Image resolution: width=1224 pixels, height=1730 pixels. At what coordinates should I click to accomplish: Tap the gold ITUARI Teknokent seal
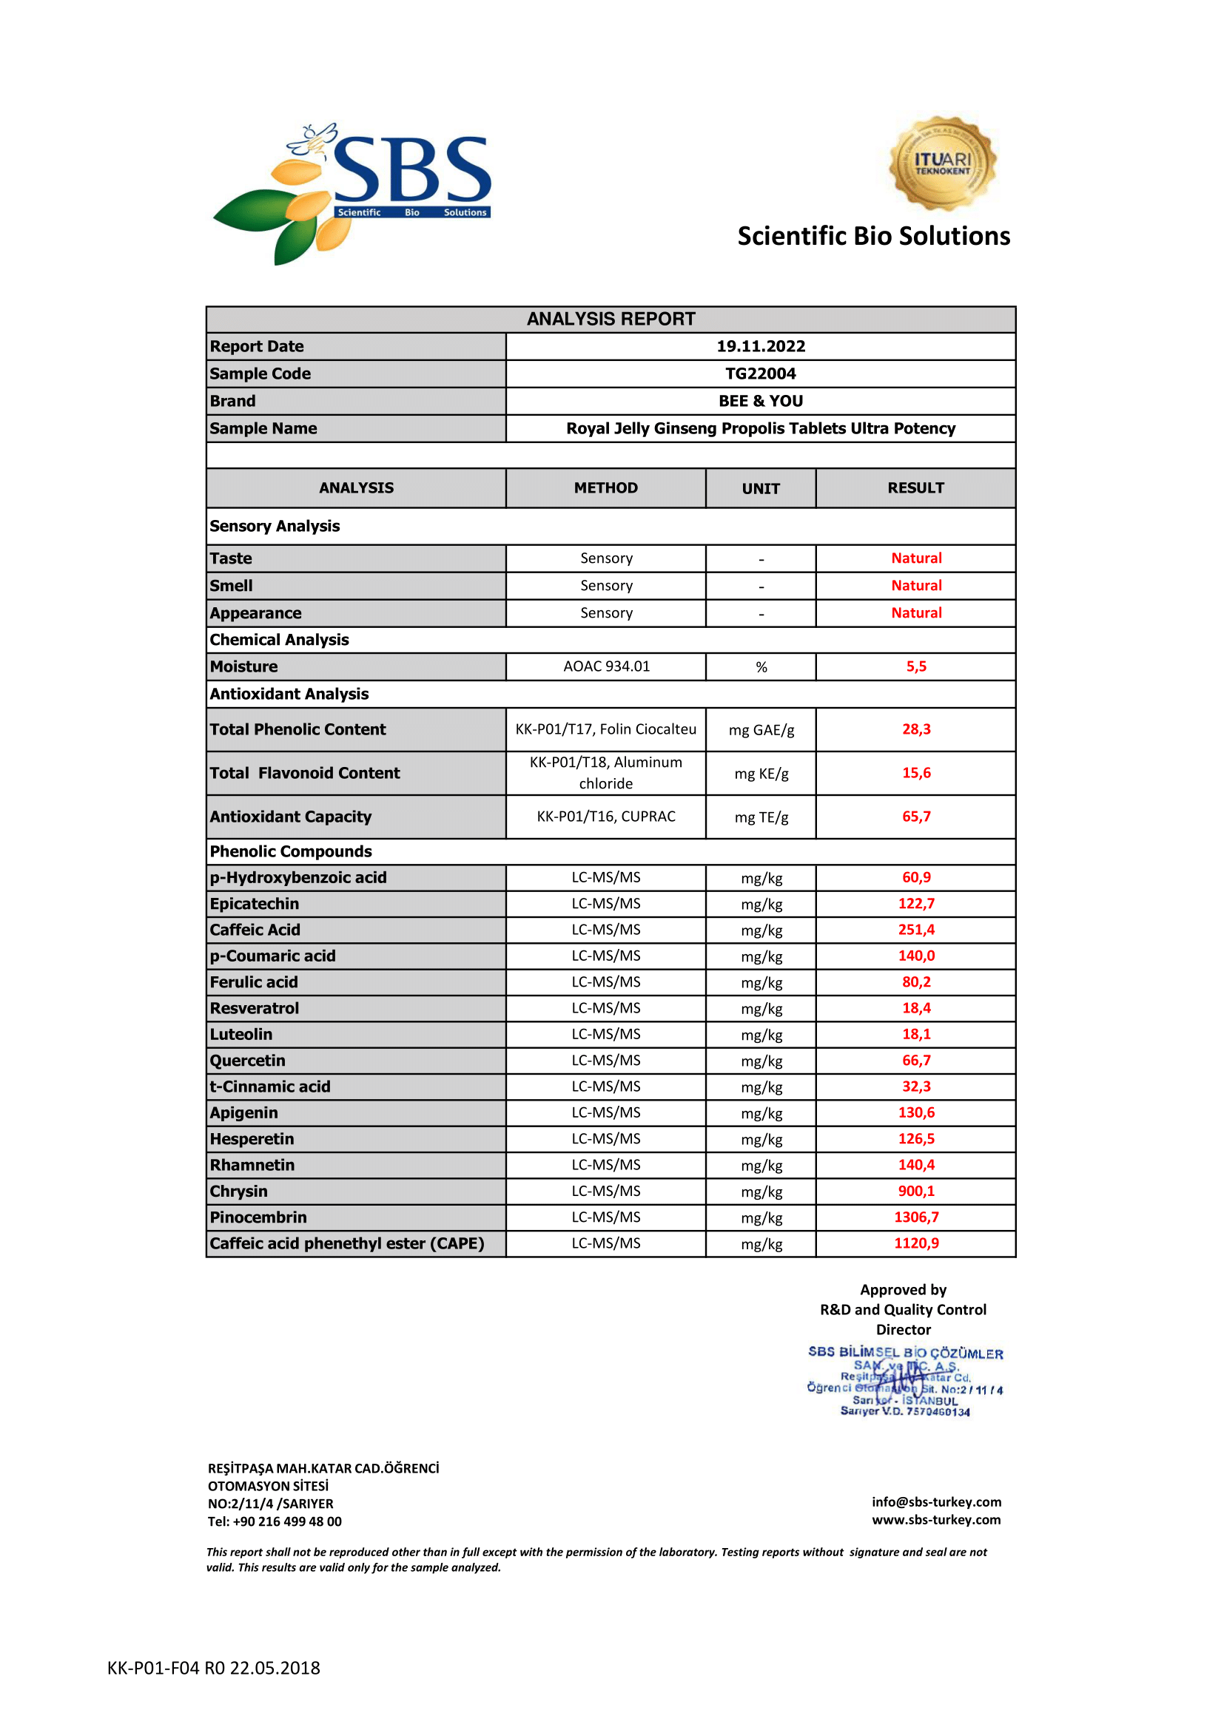pos(942,163)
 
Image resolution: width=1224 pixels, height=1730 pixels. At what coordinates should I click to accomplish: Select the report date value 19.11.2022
pos(761,347)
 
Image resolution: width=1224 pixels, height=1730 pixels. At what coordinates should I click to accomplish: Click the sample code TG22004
pos(761,374)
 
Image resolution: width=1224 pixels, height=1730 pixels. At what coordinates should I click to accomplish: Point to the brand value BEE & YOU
pos(761,401)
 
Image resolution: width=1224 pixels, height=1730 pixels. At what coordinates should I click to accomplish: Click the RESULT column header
pos(915,488)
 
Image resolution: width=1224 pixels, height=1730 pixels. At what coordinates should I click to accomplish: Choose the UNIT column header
pos(761,489)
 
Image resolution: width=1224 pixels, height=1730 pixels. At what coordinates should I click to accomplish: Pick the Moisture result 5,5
pos(915,667)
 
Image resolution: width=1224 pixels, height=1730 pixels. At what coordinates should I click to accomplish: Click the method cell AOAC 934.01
pos(606,667)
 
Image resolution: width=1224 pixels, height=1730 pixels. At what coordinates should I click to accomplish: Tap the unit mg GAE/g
pos(761,730)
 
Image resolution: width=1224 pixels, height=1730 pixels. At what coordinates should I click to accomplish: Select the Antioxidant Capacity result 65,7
pos(915,817)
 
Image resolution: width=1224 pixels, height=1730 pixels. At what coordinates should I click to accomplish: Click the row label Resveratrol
pos(254,1008)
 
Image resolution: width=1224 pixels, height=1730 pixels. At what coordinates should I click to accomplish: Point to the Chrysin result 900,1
pos(915,1192)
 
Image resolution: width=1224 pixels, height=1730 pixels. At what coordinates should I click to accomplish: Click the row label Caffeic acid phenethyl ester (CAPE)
pos(346,1243)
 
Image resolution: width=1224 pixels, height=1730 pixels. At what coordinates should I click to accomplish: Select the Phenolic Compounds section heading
pos(291,851)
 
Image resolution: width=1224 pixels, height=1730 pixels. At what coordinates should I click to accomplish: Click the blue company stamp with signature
pos(904,1382)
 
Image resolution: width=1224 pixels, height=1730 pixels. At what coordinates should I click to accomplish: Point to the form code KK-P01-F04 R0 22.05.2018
pos(213,1668)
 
